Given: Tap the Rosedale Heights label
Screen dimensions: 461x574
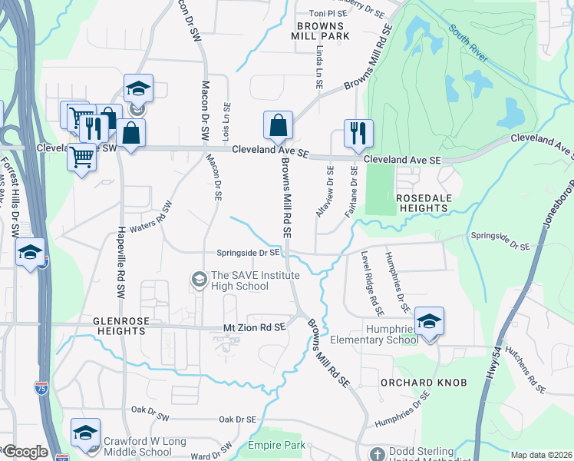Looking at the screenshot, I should (428, 203).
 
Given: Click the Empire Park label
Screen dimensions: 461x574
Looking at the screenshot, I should (276, 445).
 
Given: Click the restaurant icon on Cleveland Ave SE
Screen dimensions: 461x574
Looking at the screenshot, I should (358, 133).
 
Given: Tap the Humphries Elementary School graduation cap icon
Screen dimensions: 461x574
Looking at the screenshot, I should (429, 321).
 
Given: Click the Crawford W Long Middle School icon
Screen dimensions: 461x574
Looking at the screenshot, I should (85, 432).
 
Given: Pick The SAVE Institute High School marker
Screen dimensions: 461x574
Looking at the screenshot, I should (200, 277).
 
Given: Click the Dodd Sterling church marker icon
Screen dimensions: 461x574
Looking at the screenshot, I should (377, 454).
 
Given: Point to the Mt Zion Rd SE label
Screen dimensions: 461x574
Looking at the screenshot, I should (254, 327).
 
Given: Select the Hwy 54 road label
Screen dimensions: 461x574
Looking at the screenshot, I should (492, 367).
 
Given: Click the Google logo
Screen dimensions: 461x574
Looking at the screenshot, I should (25, 452).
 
